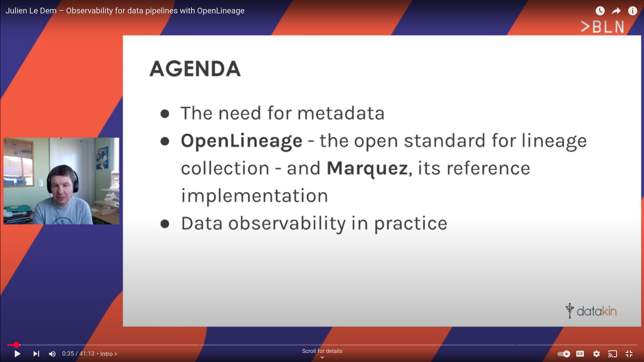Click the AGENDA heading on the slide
[x=195, y=69]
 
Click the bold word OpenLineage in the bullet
[x=241, y=141]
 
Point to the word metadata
[x=341, y=113]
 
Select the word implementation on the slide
[x=255, y=196]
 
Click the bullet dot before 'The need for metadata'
[x=165, y=114]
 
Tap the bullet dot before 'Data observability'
[x=165, y=224]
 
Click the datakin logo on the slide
[x=591, y=311]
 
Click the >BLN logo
[x=602, y=27]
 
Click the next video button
[x=36, y=354]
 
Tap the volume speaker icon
[x=52, y=354]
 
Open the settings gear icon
[x=596, y=354]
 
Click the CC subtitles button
[x=580, y=354]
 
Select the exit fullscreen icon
[x=629, y=354]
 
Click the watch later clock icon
[x=600, y=11]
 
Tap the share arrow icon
[x=616, y=11]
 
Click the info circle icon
[x=633, y=11]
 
